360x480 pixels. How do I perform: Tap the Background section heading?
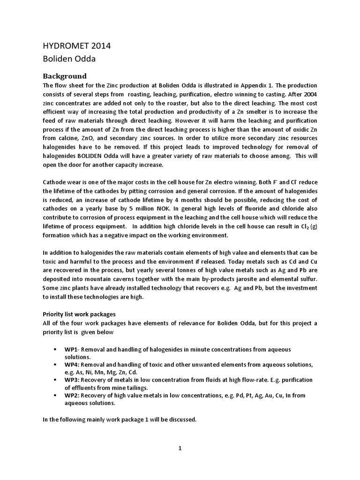coord(65,76)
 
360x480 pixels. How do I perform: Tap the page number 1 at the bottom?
coord(180,448)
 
